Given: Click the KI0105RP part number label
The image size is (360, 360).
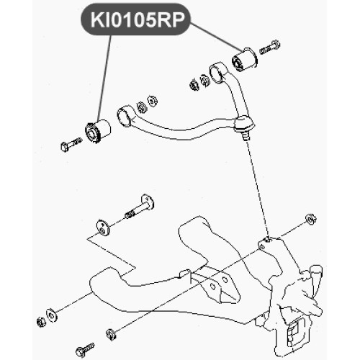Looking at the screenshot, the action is [x=136, y=19].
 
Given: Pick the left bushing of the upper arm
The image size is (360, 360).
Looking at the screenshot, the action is [x=98, y=131].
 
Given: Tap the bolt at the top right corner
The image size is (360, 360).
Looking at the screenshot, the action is [x=269, y=48].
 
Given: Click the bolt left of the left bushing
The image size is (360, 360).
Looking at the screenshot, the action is [x=71, y=145].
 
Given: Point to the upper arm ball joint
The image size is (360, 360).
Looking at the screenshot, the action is [x=245, y=126].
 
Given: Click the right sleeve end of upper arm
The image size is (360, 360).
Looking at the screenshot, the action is [x=217, y=73].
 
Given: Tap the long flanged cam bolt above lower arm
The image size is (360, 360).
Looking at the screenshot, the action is [x=140, y=207].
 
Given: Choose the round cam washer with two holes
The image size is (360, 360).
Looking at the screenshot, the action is [x=103, y=228].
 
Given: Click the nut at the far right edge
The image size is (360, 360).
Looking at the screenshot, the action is [x=311, y=218].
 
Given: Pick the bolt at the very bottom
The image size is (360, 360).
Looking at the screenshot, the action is [x=84, y=349].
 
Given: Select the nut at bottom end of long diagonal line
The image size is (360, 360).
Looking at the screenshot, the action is [x=111, y=334].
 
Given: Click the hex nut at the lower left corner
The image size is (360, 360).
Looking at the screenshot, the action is [x=41, y=322].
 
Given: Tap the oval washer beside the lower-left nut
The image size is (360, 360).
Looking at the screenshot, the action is [x=52, y=315].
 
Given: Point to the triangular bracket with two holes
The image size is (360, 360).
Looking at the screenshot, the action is [x=217, y=286].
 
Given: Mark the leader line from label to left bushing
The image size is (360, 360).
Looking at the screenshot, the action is [x=104, y=78].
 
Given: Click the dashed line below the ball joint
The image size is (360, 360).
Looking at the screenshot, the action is [x=257, y=189].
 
